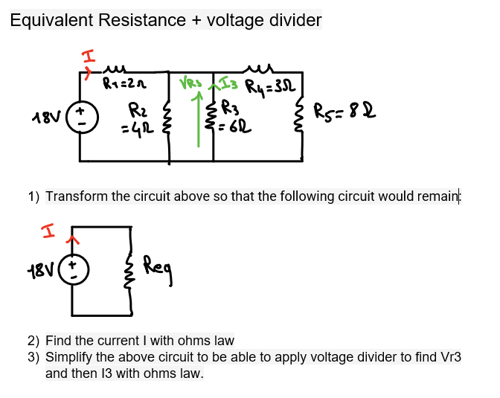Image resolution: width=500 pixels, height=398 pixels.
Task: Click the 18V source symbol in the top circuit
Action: pyautogui.click(x=80, y=118)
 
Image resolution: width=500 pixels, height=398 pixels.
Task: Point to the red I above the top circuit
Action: pyautogui.click(x=88, y=56)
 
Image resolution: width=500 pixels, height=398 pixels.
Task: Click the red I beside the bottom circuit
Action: pyautogui.click(x=52, y=238)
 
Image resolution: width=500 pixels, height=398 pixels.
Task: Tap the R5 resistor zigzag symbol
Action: pyautogui.click(x=302, y=119)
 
